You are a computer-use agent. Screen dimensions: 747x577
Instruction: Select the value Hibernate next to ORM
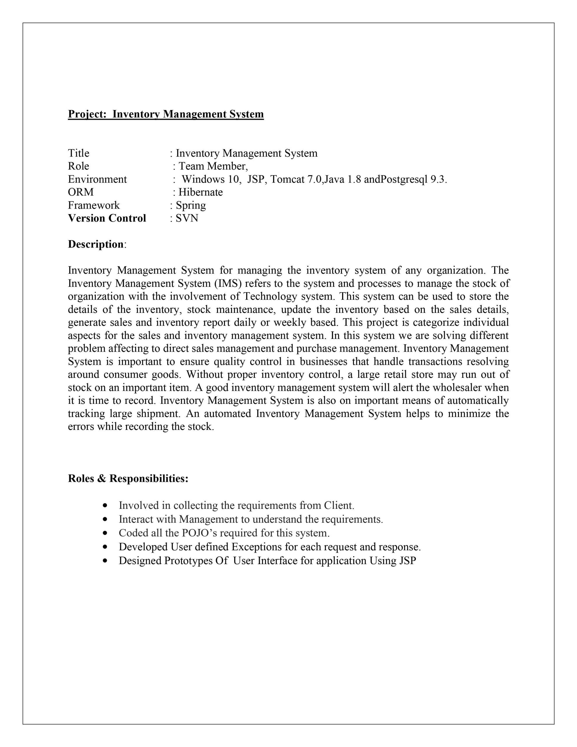200,192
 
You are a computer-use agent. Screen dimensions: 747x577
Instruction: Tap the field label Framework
94,205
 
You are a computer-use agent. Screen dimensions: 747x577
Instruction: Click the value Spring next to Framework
190,205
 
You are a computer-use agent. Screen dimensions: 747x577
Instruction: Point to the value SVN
187,218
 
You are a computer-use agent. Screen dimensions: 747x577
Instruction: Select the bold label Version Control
107,218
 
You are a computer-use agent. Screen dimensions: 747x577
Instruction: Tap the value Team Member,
213,166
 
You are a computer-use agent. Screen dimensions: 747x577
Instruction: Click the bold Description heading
96,244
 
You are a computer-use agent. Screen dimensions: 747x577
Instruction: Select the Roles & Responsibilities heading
128,479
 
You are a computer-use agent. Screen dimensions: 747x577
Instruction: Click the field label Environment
97,179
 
